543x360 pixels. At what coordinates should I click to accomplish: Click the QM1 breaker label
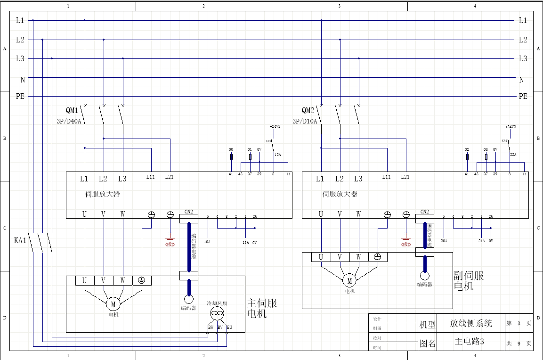coord(72,111)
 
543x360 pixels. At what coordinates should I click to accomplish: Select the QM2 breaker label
coord(308,111)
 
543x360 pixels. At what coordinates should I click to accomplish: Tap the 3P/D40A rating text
coord(69,121)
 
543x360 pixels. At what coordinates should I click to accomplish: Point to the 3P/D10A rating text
coord(305,121)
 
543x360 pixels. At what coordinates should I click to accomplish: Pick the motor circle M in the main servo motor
coord(113,304)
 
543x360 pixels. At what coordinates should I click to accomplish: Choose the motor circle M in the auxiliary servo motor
coord(349,281)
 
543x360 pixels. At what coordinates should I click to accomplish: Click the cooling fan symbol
coord(217,313)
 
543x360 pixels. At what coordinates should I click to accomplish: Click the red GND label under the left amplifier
coord(170,245)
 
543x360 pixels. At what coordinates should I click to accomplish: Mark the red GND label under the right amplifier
coord(406,245)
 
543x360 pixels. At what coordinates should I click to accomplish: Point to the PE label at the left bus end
coord(20,97)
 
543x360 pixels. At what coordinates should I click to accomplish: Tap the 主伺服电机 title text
coord(262,308)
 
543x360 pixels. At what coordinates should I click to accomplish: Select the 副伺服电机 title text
coord(468,281)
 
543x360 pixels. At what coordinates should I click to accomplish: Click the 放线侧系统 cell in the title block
coord(471,323)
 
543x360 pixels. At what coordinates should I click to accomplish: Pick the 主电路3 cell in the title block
coord(470,342)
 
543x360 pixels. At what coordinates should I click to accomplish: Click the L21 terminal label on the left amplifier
coord(170,177)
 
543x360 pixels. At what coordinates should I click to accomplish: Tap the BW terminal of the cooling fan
coord(210,327)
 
